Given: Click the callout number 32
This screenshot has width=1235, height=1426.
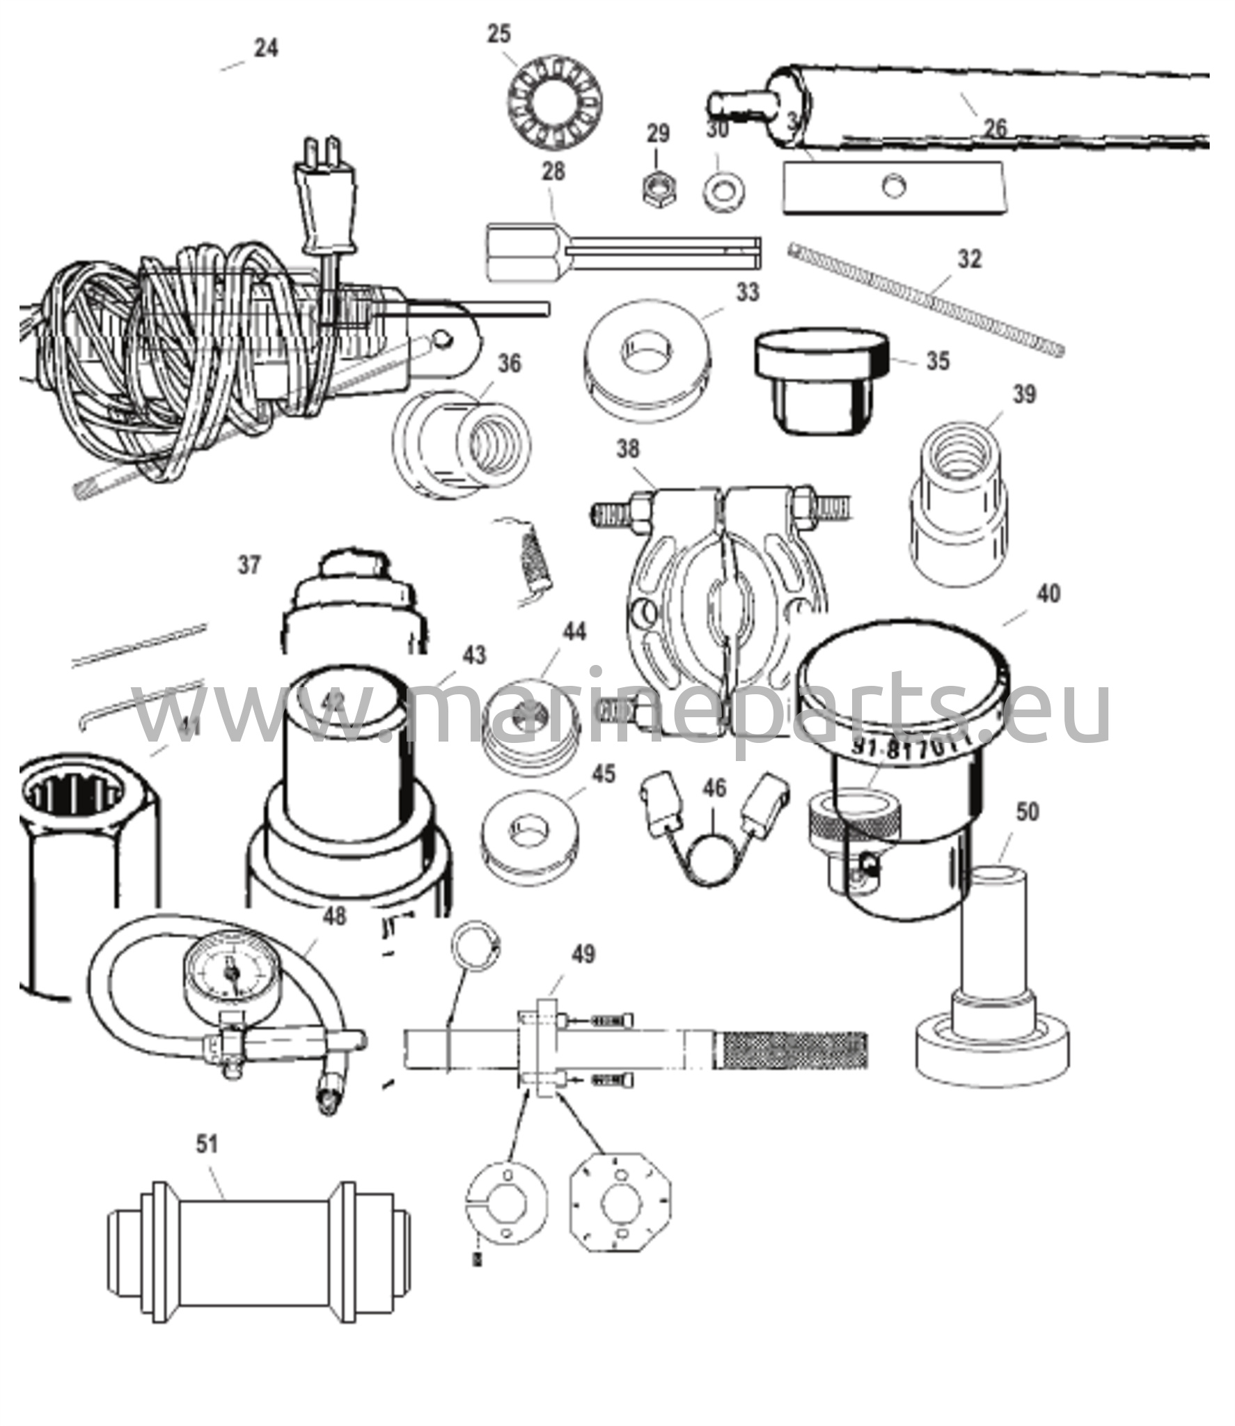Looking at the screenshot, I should coord(969,259).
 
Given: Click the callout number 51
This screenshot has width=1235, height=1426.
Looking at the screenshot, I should coord(207,1144).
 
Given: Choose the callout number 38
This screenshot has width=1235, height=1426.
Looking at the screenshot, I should coord(627,449).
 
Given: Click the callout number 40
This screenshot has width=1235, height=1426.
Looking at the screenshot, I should coord(1048,594).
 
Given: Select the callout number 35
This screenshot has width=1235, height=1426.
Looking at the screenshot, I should coord(938,361).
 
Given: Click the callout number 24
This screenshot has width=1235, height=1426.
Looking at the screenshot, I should coord(265,48).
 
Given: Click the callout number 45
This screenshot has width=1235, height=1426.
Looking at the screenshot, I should coord(604,774).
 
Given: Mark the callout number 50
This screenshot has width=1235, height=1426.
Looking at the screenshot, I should coord(1028,812).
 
